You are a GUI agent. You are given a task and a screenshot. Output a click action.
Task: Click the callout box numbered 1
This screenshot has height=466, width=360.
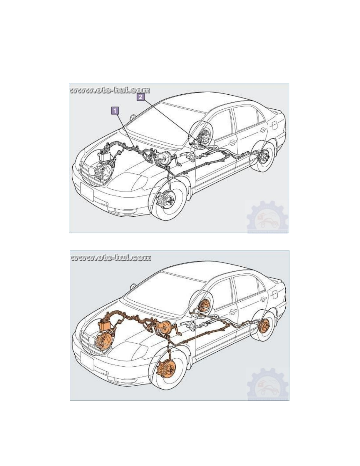[115, 111]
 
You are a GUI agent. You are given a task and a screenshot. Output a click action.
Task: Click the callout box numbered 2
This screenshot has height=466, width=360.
[140, 97]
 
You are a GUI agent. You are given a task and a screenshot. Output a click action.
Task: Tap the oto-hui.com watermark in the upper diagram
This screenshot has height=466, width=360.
[110, 90]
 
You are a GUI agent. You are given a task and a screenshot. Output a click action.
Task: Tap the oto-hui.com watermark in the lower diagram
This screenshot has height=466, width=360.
[110, 258]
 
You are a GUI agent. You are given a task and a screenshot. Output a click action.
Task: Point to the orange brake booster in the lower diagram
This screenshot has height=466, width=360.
[165, 325]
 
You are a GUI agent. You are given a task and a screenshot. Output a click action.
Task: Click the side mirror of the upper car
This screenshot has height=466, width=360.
[133, 117]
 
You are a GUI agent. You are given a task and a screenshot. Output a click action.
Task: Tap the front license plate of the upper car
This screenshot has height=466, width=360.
[87, 192]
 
